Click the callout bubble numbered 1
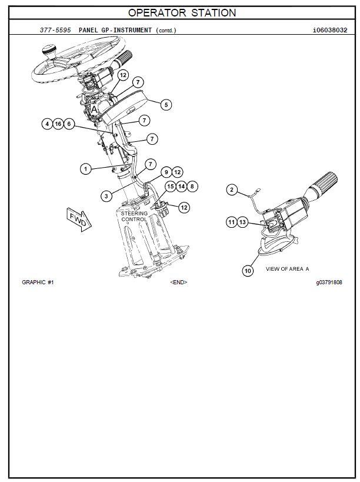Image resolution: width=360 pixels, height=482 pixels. (86, 169)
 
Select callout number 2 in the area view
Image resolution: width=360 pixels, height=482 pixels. (233, 190)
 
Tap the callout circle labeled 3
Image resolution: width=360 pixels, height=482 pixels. (105, 195)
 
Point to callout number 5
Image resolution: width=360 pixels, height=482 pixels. (166, 104)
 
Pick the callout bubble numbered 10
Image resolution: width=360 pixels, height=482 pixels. (248, 270)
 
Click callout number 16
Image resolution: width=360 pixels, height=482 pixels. (58, 124)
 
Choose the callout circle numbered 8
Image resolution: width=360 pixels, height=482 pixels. (193, 187)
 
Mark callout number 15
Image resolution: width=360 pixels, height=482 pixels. (170, 187)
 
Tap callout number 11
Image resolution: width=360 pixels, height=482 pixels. (232, 222)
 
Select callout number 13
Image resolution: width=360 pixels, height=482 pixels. (244, 222)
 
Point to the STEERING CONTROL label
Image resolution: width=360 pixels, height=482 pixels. (135, 216)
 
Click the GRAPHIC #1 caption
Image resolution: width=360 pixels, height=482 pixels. (38, 282)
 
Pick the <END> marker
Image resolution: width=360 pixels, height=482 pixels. (178, 282)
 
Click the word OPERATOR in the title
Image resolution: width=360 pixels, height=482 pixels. (155, 12)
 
